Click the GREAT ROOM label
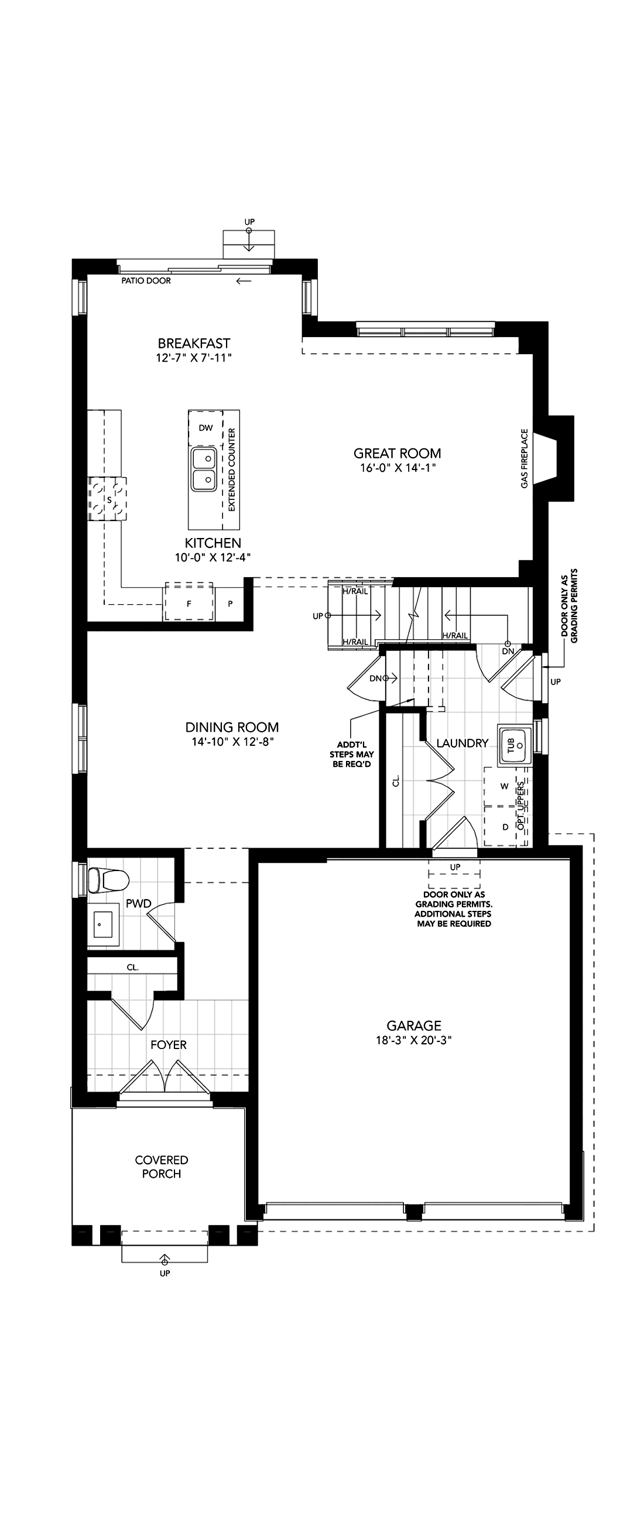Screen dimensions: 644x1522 pyautogui.click(x=397, y=453)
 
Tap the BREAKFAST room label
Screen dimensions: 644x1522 pyautogui.click(x=194, y=343)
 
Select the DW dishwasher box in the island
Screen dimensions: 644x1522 pyautogui.click(x=205, y=429)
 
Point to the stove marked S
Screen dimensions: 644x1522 pyautogui.click(x=108, y=499)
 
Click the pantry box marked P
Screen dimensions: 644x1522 pyautogui.click(x=230, y=604)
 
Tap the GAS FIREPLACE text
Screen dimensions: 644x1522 pyautogui.click(x=524, y=458)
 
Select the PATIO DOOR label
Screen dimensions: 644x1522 pyautogui.click(x=146, y=280)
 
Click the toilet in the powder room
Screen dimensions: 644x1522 pyautogui.click(x=108, y=880)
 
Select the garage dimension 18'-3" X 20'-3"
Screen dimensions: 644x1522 pyautogui.click(x=413, y=1040)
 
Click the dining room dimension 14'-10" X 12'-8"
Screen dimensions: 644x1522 pyautogui.click(x=232, y=742)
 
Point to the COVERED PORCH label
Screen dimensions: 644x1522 pyautogui.click(x=162, y=1167)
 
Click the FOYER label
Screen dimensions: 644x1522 pyautogui.click(x=169, y=1045)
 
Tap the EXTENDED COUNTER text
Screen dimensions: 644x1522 pyautogui.click(x=232, y=469)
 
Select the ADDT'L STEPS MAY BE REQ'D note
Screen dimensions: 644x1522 pyautogui.click(x=351, y=754)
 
